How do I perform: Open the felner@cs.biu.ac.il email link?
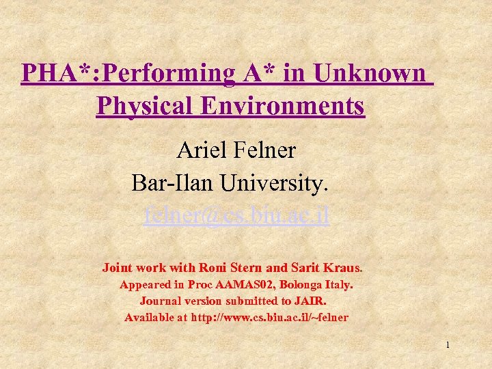tap(236, 216)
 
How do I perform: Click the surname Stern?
tap(252, 267)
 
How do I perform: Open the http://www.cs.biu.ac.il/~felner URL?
tap(269, 317)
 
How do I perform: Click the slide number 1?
tap(447, 345)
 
